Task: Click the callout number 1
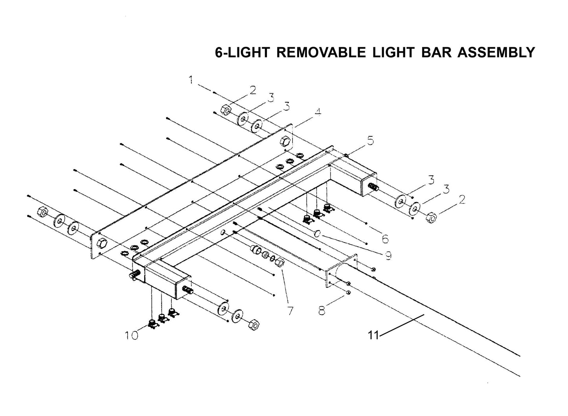tap(191, 80)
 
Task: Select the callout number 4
tap(317, 112)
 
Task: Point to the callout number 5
tap(370, 140)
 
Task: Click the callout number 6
tap(384, 238)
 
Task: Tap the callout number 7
tap(290, 311)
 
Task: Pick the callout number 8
tap(322, 311)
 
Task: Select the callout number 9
tap(388, 256)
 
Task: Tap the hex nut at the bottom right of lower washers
tap(254, 325)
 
